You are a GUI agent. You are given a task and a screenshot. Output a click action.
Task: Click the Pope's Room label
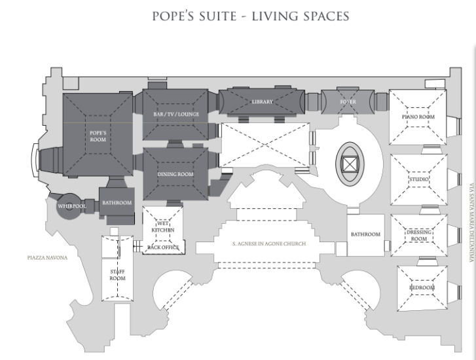(98, 136)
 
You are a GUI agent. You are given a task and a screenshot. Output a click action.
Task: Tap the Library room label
(263, 101)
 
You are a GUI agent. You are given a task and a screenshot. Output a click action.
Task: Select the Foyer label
(348, 101)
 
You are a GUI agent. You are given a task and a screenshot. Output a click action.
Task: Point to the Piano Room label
(418, 117)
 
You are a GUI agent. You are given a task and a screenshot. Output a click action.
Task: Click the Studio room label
(419, 179)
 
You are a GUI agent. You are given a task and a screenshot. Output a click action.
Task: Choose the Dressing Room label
(419, 236)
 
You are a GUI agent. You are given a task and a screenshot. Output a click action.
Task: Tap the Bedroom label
(422, 287)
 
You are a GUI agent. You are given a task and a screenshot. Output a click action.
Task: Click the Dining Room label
(175, 174)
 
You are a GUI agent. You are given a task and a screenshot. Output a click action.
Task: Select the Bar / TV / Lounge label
(176, 114)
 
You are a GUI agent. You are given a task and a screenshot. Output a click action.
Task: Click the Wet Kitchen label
(163, 226)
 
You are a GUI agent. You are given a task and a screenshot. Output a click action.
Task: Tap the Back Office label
(163, 247)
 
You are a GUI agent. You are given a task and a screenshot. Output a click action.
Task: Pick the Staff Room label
(117, 275)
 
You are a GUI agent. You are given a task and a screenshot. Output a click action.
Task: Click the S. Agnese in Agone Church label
(269, 243)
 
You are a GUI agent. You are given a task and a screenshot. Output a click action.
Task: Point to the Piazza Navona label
(47, 258)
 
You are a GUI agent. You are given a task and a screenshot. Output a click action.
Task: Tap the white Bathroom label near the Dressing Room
(365, 234)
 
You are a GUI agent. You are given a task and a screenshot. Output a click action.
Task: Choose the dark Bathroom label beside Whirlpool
(117, 203)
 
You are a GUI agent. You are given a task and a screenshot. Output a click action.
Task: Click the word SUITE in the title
(217, 16)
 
